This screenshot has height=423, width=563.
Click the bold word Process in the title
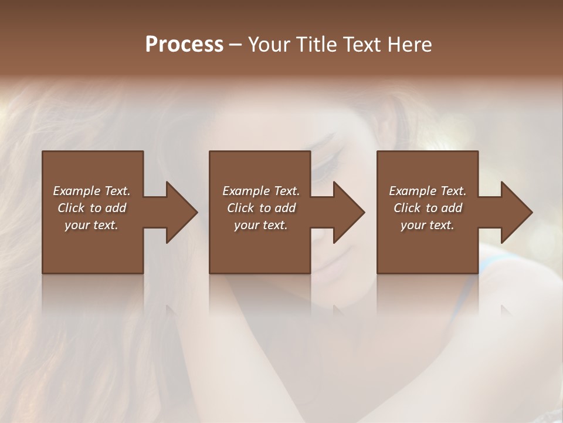184,45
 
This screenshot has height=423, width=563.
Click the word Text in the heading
361,45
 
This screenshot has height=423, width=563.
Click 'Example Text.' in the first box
91,191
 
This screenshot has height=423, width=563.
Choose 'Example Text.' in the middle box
261,191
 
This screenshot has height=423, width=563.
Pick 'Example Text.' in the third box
428,191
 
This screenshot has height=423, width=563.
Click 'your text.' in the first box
91,225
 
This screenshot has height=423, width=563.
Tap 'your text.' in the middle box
261,225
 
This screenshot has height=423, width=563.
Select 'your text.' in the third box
428,225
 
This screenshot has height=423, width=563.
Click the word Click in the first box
71,208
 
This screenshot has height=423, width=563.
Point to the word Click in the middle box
240,208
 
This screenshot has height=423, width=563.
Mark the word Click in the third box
407,208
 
